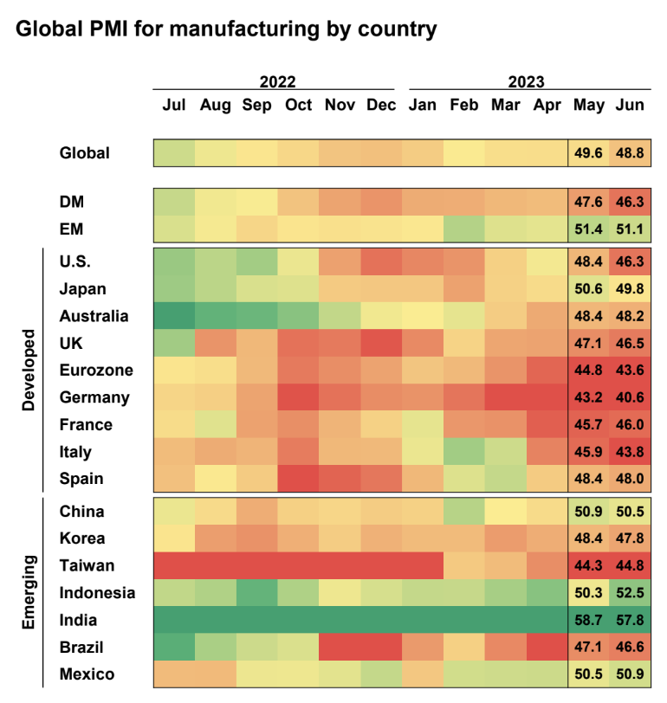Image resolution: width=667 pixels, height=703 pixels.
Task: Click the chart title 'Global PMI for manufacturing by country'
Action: [225, 29]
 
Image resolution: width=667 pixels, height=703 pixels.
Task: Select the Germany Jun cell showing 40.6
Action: [630, 397]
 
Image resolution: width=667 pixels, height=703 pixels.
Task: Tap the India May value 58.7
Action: [588, 620]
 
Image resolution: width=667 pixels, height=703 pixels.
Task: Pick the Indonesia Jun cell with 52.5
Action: [630, 592]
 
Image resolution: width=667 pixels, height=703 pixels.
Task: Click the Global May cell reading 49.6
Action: [588, 152]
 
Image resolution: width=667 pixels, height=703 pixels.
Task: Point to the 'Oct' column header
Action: [298, 106]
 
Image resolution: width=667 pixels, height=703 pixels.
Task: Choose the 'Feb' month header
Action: [464, 106]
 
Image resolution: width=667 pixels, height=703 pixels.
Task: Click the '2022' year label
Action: [277, 82]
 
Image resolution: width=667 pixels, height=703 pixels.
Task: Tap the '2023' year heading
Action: [527, 82]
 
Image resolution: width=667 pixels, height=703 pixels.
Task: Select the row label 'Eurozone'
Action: [96, 371]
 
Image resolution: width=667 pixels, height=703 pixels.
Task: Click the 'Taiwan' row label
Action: [87, 565]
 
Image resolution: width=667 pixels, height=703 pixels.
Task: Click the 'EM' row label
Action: [72, 229]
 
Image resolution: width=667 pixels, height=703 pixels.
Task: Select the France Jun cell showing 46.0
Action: [630, 424]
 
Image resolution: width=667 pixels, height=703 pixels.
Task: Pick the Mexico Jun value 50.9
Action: [630, 674]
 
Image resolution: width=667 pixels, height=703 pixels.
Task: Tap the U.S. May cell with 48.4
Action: [588, 261]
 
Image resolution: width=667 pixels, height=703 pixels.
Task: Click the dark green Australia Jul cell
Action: [174, 316]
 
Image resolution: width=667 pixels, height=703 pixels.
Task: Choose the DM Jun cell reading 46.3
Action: [630, 202]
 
